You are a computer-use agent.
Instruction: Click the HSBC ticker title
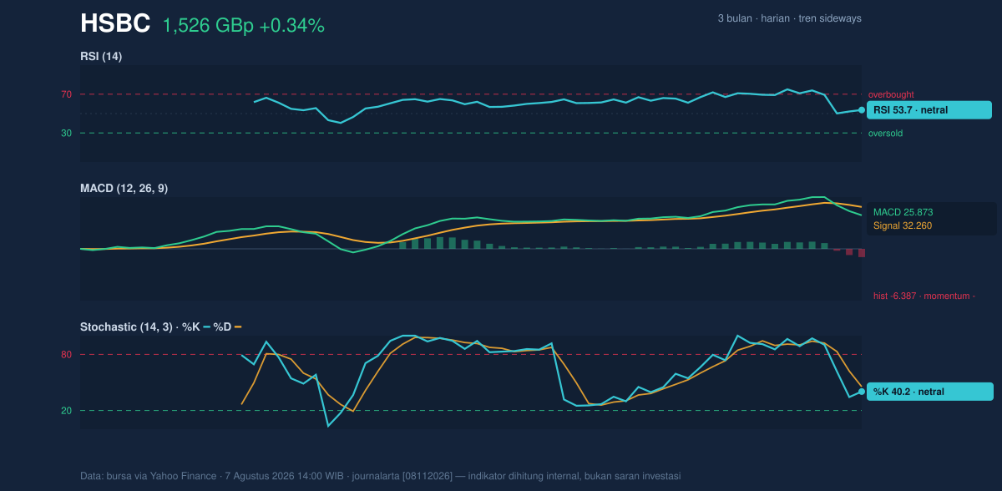click(115, 23)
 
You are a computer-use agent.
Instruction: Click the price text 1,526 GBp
click(208, 26)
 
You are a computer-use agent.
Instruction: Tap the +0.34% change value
click(291, 26)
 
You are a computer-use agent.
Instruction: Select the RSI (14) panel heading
click(101, 56)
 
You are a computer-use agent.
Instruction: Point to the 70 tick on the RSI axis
click(66, 94)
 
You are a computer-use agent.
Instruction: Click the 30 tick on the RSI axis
click(66, 134)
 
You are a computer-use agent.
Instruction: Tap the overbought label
click(891, 95)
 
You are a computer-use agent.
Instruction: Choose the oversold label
click(885, 134)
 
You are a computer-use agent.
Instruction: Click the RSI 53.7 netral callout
click(929, 110)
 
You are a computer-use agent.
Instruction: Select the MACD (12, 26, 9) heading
click(124, 188)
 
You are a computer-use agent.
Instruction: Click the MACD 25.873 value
click(903, 212)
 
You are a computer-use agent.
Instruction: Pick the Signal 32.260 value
click(903, 225)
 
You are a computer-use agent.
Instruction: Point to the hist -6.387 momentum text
click(924, 296)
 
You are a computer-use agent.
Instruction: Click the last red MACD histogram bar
click(862, 253)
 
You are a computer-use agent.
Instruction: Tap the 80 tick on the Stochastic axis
click(66, 355)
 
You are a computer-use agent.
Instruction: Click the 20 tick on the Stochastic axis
click(66, 411)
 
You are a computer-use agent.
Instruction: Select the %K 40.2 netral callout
click(930, 392)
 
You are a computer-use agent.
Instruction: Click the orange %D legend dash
click(238, 327)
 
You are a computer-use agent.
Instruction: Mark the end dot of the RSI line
click(862, 110)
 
